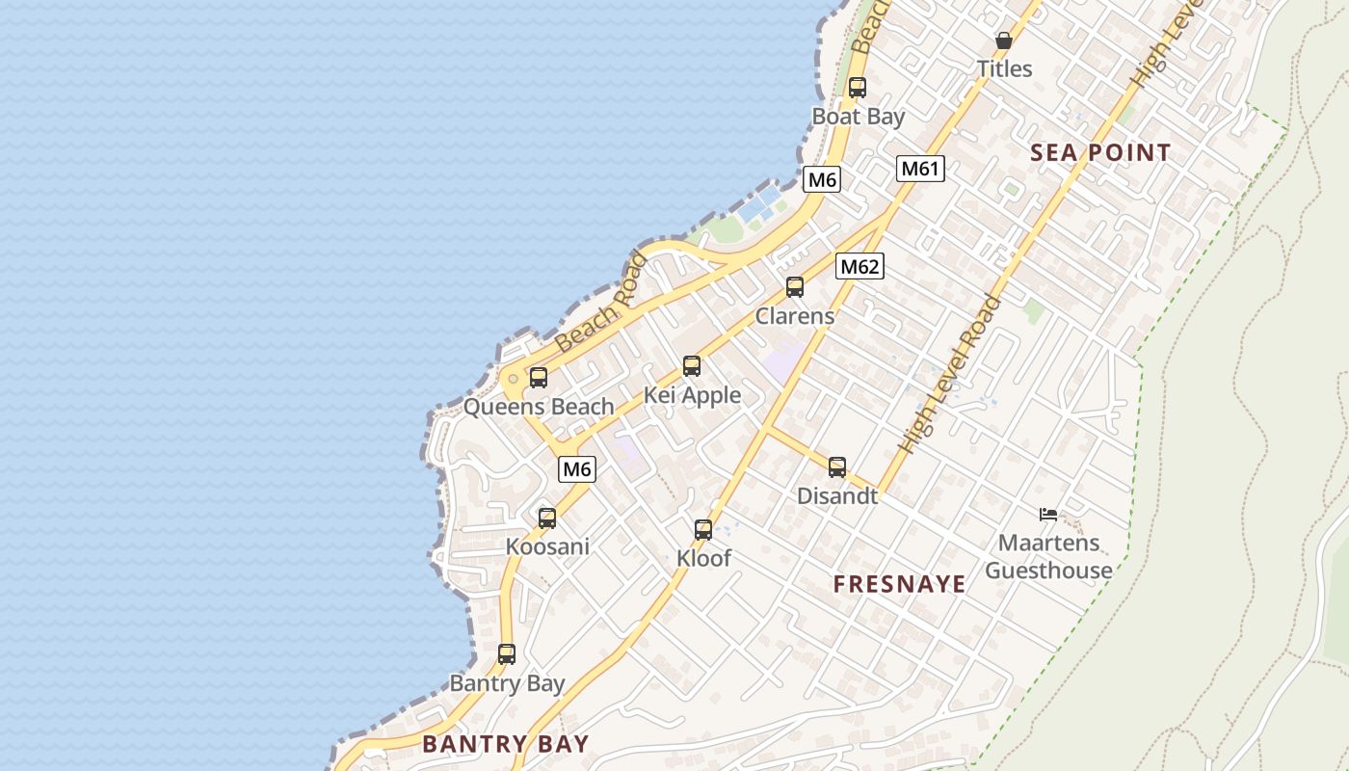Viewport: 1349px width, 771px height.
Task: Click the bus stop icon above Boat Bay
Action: pyautogui.click(x=858, y=88)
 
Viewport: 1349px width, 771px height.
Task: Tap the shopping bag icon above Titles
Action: pyautogui.click(x=1003, y=40)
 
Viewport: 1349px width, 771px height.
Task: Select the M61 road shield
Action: pyautogui.click(x=920, y=169)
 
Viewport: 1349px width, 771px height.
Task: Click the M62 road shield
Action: pyautogui.click(x=859, y=266)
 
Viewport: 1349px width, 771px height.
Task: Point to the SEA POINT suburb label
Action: pyautogui.click(x=1100, y=152)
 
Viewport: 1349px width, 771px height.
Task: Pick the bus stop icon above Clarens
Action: pyautogui.click(x=795, y=287)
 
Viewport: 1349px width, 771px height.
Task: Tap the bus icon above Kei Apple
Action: pyautogui.click(x=692, y=366)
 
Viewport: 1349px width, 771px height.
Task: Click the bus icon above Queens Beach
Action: pyautogui.click(x=539, y=378)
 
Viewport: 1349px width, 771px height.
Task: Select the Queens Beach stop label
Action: pyautogui.click(x=539, y=407)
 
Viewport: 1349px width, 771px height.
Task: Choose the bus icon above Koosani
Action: pyautogui.click(x=547, y=518)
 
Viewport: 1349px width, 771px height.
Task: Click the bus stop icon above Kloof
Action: pyautogui.click(x=703, y=530)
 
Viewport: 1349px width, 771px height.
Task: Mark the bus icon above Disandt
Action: pyautogui.click(x=837, y=467)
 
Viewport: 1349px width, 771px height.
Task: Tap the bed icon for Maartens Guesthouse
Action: pyautogui.click(x=1048, y=515)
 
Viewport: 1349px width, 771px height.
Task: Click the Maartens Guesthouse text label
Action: pyautogui.click(x=1048, y=557)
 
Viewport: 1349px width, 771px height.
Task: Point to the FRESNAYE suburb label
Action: pyautogui.click(x=899, y=584)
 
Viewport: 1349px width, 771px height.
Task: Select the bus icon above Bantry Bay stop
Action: pyautogui.click(x=507, y=654)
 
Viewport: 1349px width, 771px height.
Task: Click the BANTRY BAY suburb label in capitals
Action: pyautogui.click(x=506, y=744)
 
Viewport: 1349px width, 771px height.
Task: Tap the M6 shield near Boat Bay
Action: pyautogui.click(x=822, y=179)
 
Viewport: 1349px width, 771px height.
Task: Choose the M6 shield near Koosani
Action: pyautogui.click(x=576, y=469)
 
